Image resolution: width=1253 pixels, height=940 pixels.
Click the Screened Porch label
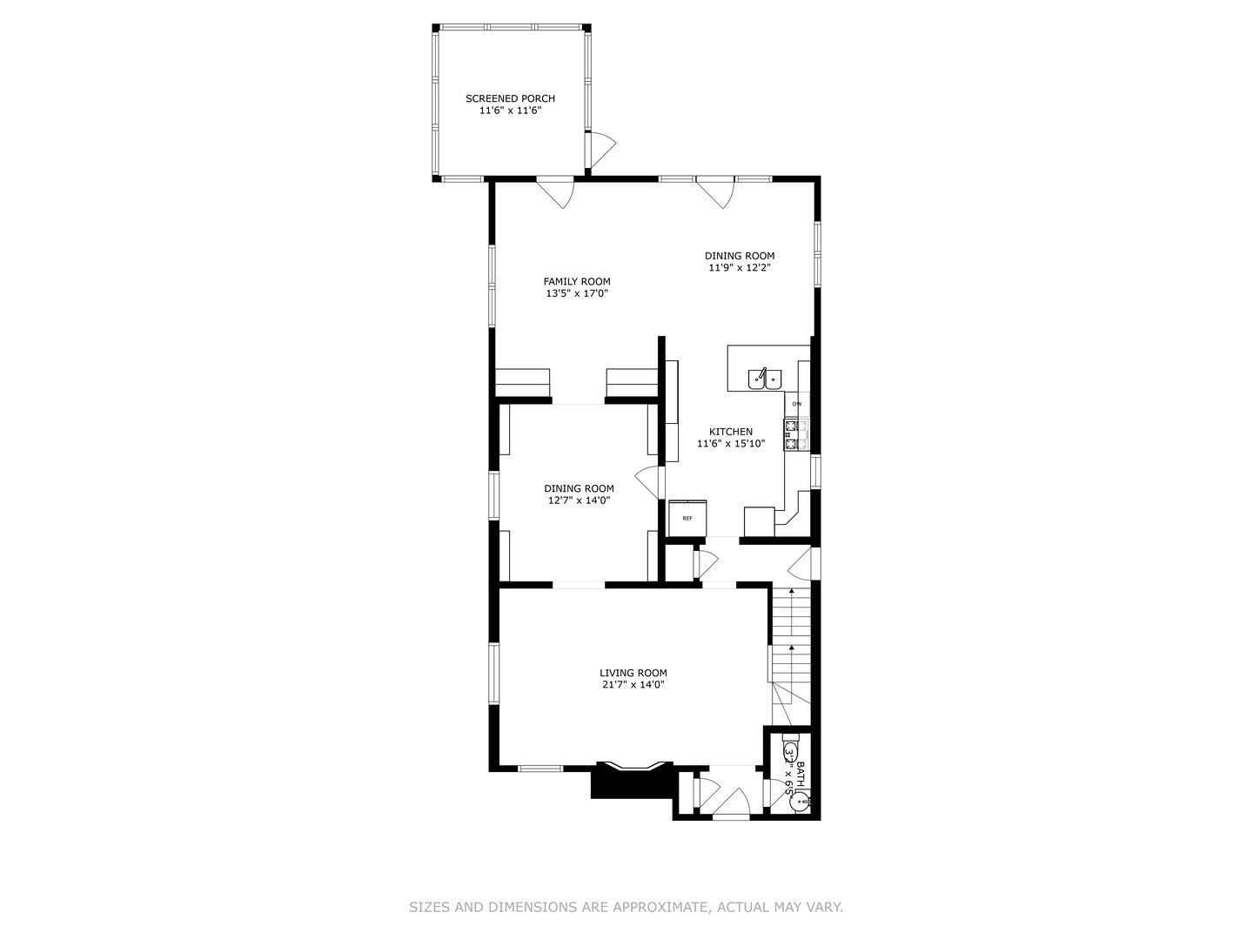tap(510, 98)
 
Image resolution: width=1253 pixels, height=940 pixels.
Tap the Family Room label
tap(577, 281)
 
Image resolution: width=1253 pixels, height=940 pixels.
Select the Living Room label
tap(633, 673)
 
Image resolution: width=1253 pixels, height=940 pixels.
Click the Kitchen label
tap(731, 432)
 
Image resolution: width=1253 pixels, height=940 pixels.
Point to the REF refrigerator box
tap(687, 519)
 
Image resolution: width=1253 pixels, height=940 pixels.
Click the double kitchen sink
tap(765, 379)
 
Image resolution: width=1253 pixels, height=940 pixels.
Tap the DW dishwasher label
tap(796, 404)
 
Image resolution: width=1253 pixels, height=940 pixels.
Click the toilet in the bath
tap(791, 752)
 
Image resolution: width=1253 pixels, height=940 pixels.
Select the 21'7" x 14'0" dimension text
tap(633, 685)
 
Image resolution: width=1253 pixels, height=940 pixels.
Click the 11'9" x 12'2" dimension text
tap(739, 268)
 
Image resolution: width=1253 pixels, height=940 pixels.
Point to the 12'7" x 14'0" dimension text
tap(579, 500)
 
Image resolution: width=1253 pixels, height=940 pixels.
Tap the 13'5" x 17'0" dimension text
tap(577, 293)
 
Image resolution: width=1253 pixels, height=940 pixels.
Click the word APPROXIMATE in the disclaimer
tap(661, 907)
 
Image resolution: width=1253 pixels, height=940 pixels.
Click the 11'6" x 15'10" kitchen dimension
tap(731, 444)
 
